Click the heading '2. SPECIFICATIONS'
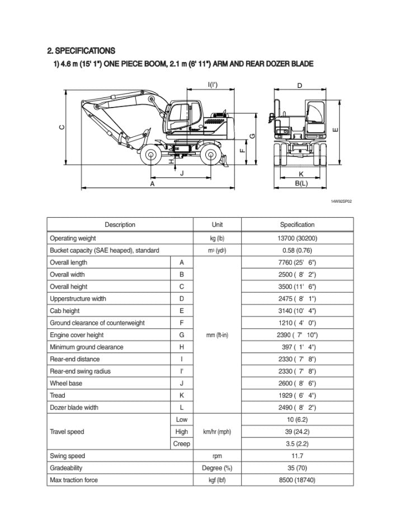pos(81,50)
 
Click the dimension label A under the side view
pos(152,184)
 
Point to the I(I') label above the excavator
pos(213,85)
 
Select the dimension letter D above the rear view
pos(300,86)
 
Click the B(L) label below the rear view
pos(301,183)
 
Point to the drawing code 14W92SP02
pos(341,200)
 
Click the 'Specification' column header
pos(297,225)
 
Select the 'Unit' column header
pos(217,225)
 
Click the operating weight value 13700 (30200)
pos(297,238)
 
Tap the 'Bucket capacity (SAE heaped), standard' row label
pos(105,250)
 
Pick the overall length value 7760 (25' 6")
pos(297,263)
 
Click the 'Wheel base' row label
pos(66,383)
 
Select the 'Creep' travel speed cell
pos(182,444)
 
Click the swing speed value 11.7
pos(297,456)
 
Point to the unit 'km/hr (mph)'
pos(217,432)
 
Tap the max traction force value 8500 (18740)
pos(297,480)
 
